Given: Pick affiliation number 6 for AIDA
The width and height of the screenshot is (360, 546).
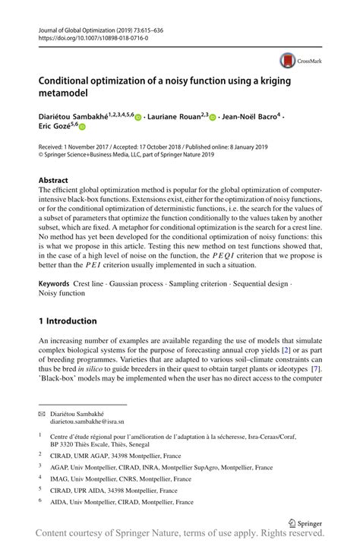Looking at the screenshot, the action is click(40, 502).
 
